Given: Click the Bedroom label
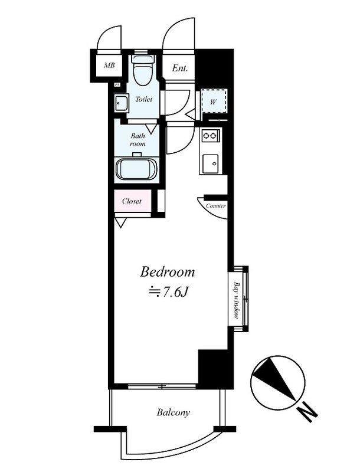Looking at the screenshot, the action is pyautogui.click(x=168, y=272).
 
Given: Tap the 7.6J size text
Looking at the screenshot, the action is pyautogui.click(x=175, y=291).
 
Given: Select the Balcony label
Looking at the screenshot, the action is pyautogui.click(x=174, y=412).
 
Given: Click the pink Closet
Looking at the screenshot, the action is pyautogui.click(x=132, y=201).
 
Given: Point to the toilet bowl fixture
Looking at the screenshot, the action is pyautogui.click(x=143, y=70).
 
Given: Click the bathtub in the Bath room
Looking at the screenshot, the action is pyautogui.click(x=137, y=170).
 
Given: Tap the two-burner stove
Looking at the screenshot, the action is pyautogui.click(x=210, y=136).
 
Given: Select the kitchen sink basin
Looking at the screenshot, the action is pyautogui.click(x=211, y=163).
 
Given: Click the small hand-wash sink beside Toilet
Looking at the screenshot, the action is pyautogui.click(x=121, y=103).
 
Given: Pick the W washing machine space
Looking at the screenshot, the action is pyautogui.click(x=214, y=101).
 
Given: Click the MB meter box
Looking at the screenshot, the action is pyautogui.click(x=109, y=65).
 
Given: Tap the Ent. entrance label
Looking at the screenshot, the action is pyautogui.click(x=179, y=68).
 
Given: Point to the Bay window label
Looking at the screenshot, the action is pyautogui.click(x=237, y=300).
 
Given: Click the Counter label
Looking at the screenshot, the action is pyautogui.click(x=215, y=206).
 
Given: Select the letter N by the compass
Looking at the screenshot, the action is pyautogui.click(x=307, y=411).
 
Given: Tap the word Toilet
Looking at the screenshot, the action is pyautogui.click(x=144, y=99).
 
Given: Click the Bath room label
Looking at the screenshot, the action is pyautogui.click(x=138, y=140).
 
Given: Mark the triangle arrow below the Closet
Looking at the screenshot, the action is pyautogui.click(x=120, y=223).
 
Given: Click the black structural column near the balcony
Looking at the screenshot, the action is pyautogui.click(x=215, y=369).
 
